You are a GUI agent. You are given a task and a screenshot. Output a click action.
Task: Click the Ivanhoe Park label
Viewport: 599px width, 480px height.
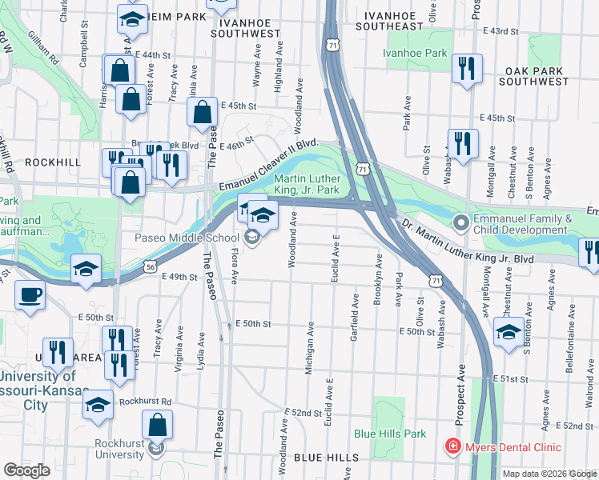[414, 53]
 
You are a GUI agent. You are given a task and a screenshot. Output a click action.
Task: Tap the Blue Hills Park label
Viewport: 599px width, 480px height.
[390, 434]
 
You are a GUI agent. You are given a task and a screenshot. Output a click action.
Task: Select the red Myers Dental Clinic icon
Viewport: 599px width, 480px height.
[453, 446]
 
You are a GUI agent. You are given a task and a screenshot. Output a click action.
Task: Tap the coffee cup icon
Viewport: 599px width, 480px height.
[30, 295]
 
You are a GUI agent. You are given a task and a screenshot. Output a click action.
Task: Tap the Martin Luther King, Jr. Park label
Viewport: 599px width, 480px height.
[308, 184]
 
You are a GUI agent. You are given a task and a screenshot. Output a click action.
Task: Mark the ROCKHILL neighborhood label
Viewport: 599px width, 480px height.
[53, 162]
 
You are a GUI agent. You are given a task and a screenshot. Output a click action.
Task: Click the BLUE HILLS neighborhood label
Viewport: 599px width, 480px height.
[326, 456]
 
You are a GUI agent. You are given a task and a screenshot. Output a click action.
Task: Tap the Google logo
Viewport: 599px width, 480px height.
[26, 470]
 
